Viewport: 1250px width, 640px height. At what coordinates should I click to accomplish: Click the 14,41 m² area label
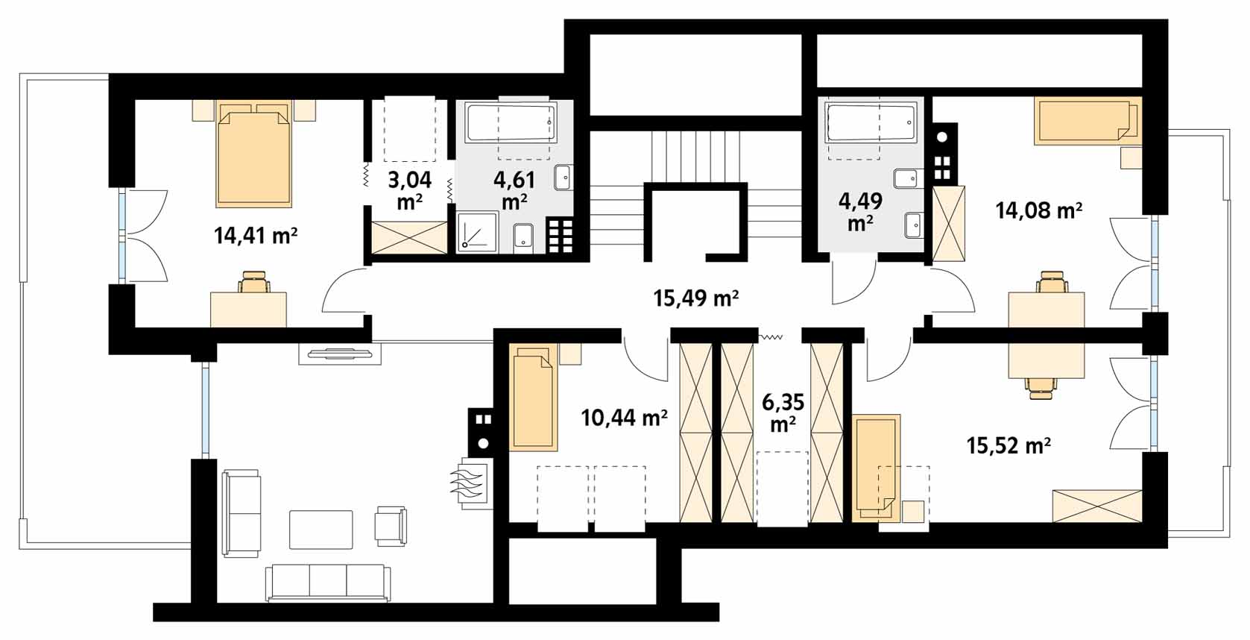(255, 236)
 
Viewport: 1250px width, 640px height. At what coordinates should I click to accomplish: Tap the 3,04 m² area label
(410, 190)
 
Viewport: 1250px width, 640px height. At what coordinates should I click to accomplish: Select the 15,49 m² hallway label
(696, 299)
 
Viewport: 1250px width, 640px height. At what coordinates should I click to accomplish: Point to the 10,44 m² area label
(624, 417)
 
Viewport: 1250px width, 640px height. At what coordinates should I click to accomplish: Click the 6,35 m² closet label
(783, 412)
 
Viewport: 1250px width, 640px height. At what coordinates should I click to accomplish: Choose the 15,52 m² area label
(1009, 445)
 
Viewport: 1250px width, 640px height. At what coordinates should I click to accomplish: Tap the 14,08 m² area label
(1039, 210)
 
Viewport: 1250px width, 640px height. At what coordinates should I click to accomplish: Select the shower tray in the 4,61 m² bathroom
(477, 232)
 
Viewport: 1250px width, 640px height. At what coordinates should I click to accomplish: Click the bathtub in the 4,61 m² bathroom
(511, 122)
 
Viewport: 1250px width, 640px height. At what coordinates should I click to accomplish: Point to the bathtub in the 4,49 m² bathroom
(871, 121)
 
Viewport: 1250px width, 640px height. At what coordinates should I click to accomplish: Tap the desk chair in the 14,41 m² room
(254, 281)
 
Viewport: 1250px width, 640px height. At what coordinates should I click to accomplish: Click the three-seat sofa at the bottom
(327, 582)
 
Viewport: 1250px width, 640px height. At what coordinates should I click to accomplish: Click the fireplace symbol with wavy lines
(472, 483)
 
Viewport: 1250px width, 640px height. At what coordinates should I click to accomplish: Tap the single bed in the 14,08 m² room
(1087, 121)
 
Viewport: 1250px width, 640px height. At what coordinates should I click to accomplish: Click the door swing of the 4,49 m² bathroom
(853, 279)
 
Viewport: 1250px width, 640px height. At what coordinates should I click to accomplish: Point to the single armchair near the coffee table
(391, 526)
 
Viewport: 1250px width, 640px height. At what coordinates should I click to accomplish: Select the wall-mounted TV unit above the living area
(340, 354)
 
